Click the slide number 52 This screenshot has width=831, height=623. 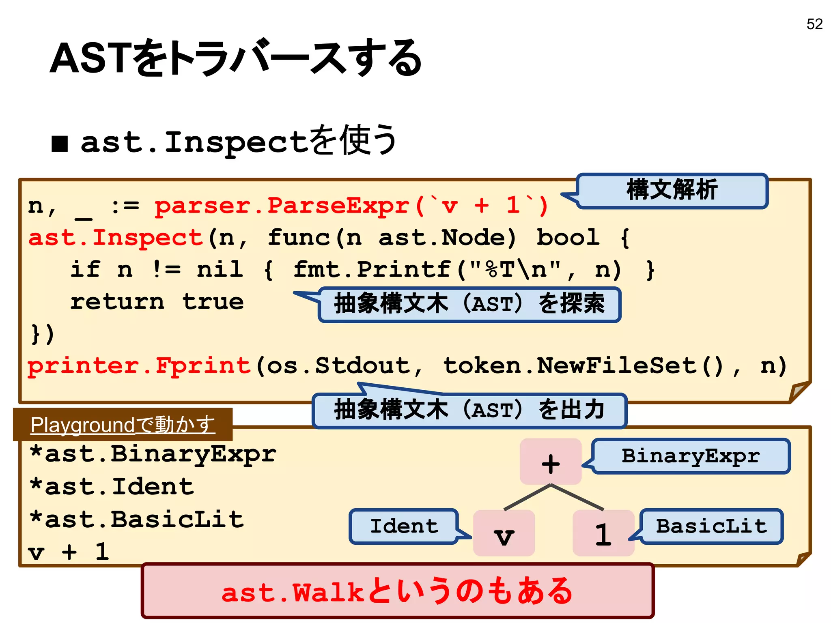click(814, 24)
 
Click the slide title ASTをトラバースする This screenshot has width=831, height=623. click(235, 58)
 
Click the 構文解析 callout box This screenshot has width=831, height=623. click(672, 190)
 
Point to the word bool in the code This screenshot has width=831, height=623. click(568, 238)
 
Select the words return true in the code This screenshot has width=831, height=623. click(157, 302)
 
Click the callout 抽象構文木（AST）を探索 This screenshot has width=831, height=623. click(469, 304)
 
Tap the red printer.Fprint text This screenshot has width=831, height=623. click(139, 366)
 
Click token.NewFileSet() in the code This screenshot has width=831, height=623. click(583, 366)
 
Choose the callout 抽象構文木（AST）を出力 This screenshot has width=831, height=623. click(469, 410)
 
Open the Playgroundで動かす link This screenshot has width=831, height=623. click(123, 425)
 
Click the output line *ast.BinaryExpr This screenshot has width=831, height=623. click(153, 454)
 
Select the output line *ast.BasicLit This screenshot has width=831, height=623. click(137, 520)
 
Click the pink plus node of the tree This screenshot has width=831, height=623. click(550, 462)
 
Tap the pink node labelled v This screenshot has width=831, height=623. click(504, 533)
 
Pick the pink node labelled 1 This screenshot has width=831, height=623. click(603, 533)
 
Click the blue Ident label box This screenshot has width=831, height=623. click(404, 526)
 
